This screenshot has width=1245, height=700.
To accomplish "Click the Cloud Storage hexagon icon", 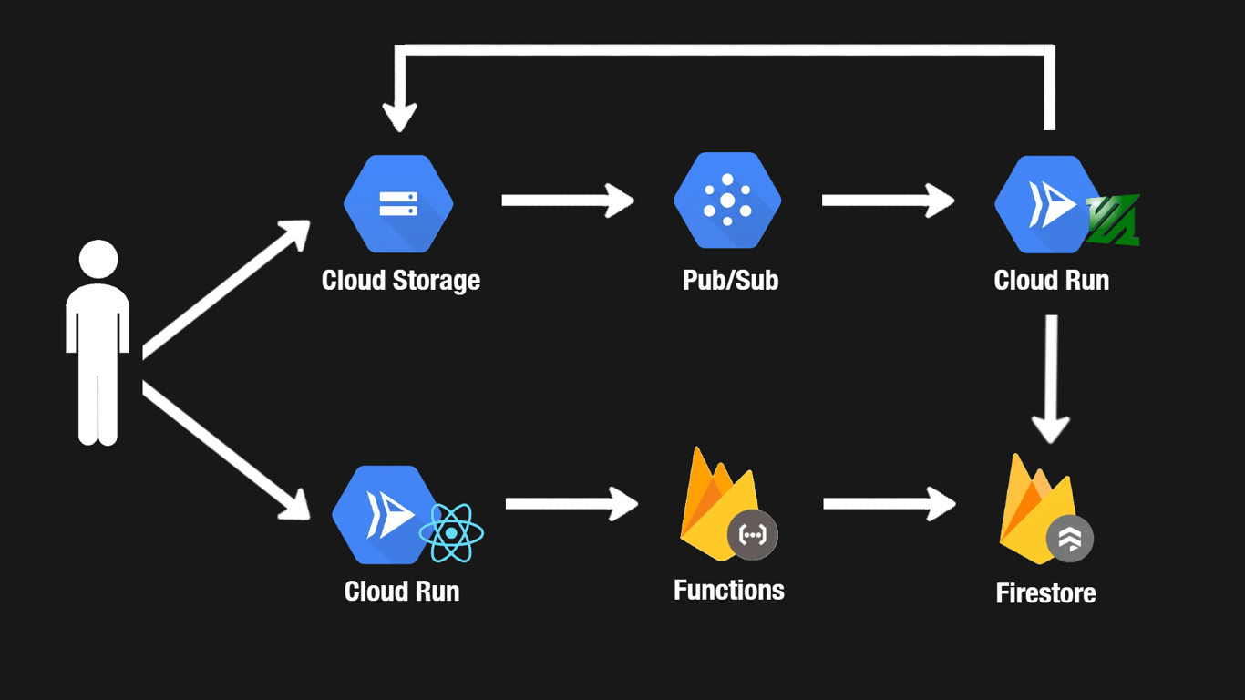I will pos(398,203).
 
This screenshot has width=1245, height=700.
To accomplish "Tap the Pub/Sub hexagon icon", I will pos(727,201).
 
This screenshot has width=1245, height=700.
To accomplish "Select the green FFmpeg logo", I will pos(1114,221).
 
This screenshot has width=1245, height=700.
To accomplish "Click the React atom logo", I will pos(451,532).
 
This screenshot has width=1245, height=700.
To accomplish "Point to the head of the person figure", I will pos(98,259).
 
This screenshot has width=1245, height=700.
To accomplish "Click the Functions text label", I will pos(728,590).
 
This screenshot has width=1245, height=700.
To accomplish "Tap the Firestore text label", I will pos(1045,593).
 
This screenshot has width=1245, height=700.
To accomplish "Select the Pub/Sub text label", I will pos(730,280).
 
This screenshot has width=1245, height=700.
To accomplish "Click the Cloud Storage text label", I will pos(400,280).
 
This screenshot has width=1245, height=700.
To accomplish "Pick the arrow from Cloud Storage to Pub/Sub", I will pos(567,201).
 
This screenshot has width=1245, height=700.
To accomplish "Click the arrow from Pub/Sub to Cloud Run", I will pos(888,201).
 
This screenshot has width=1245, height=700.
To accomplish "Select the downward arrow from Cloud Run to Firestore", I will pos(1051,378).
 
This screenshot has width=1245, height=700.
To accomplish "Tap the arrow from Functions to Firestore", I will pos(889,504).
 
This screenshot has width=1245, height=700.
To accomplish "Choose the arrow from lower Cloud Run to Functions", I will pos(571,504).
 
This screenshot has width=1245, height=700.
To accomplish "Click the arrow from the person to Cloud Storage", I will pos(226,288).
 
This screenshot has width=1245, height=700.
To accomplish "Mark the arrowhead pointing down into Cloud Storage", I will pos(399,117).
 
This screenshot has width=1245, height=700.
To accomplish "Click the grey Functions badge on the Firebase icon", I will pos(753,535).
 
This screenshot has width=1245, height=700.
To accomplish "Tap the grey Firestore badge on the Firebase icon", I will pos(1069,539).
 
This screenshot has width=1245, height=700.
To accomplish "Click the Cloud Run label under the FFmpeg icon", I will pos(1051,280).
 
